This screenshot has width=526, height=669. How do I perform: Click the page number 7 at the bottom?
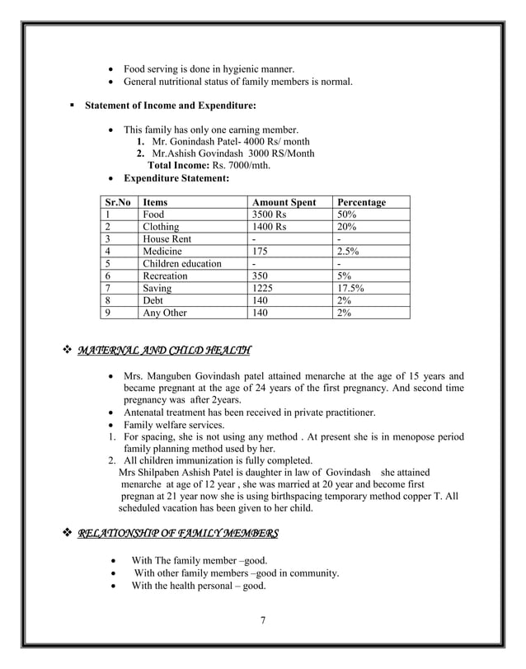(262, 621)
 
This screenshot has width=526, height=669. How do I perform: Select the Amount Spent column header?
(284, 202)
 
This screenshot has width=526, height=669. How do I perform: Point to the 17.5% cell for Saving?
(350, 289)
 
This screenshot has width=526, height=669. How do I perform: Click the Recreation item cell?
(165, 276)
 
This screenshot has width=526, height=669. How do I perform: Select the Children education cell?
(182, 264)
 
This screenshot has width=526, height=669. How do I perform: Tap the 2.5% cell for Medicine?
(348, 252)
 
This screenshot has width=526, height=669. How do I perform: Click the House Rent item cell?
(167, 239)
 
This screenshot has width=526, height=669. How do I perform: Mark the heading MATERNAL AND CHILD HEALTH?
(164, 352)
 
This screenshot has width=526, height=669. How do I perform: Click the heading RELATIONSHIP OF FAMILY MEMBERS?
(177, 534)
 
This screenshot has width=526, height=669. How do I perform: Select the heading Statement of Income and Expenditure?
(171, 106)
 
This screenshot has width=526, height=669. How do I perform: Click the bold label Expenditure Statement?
(176, 178)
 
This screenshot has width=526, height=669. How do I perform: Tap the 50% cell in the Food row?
(346, 214)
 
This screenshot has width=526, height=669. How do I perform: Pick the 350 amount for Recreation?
(262, 276)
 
